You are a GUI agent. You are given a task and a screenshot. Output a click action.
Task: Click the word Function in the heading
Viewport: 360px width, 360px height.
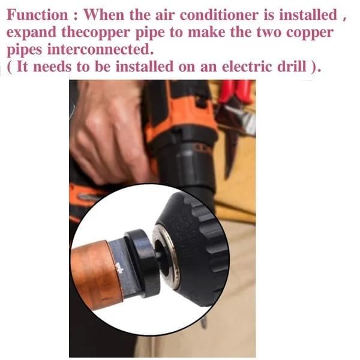click(x=37, y=15)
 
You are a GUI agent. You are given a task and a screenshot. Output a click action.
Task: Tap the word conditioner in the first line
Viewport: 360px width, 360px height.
click(x=219, y=15)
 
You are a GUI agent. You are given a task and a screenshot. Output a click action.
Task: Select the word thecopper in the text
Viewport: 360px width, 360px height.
click(x=96, y=32)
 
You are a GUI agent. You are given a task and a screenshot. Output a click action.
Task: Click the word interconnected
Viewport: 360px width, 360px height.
click(x=100, y=49)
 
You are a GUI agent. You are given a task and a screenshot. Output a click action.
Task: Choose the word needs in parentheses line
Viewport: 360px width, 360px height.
click(x=52, y=67)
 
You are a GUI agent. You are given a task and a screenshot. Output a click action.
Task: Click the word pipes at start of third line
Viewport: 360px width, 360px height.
click(x=25, y=50)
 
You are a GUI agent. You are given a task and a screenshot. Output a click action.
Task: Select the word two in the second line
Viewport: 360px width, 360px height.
click(x=269, y=32)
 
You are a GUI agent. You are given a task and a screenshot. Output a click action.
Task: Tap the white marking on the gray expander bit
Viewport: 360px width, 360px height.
click(x=119, y=268)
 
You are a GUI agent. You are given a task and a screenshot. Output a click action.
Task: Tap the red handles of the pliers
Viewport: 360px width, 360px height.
click(x=235, y=92)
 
